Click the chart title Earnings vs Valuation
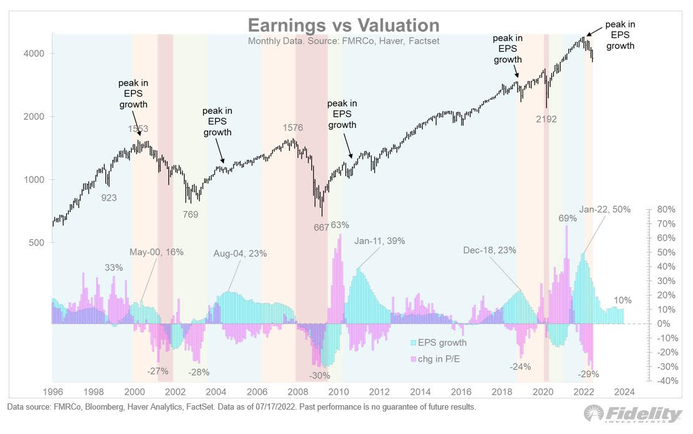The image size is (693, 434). tap(344, 25)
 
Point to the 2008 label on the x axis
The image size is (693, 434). tap(298, 392)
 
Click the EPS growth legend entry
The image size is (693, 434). tap(443, 343)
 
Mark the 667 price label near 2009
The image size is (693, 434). tap(321, 227)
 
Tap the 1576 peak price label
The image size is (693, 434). tap(293, 128)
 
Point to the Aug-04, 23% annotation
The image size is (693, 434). tap(240, 254)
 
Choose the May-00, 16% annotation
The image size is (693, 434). tap(157, 252)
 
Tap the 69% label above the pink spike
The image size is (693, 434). tap(568, 218)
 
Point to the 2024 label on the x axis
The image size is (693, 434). tap(624, 392)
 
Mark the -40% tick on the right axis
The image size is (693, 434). tap(666, 380)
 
